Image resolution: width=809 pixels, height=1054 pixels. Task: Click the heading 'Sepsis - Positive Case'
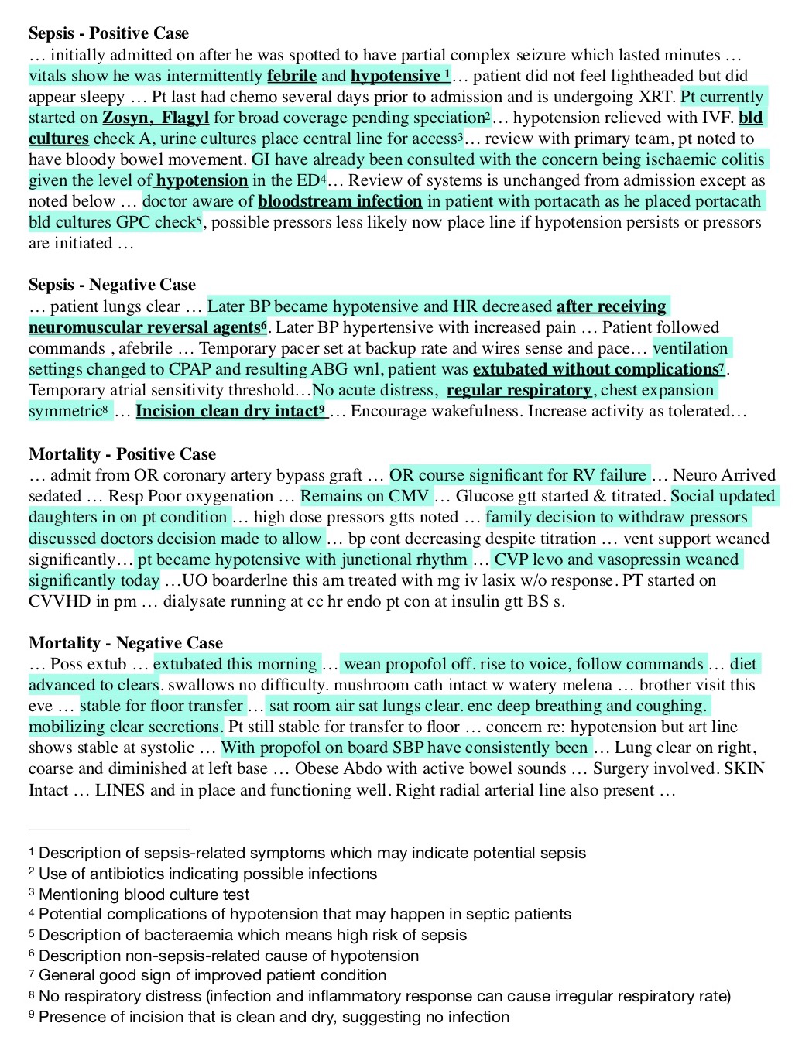pyautogui.click(x=108, y=33)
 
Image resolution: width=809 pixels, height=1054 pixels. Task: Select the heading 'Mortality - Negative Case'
pyautogui.click(x=125, y=643)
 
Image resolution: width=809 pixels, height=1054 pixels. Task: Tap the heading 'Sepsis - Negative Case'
pyautogui.click(x=112, y=285)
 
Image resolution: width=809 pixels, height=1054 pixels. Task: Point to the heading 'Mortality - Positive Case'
pyautogui.click(x=122, y=454)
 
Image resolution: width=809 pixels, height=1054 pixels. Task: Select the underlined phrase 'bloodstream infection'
pyautogui.click(x=340, y=201)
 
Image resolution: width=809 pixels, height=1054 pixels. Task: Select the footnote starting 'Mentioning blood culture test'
pyautogui.click(x=144, y=895)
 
